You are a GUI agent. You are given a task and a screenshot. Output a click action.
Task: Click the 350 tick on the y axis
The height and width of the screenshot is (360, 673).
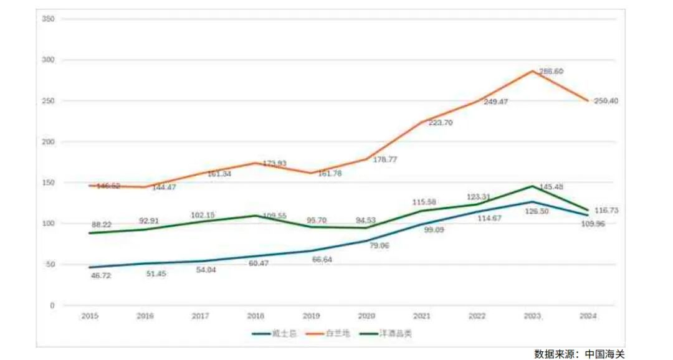pyautogui.click(x=48, y=19)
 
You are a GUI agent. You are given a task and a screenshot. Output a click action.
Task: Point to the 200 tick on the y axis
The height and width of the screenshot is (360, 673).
pyautogui.click(x=48, y=142)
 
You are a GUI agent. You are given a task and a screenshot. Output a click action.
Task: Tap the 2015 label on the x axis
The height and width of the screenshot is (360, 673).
pyautogui.click(x=89, y=316)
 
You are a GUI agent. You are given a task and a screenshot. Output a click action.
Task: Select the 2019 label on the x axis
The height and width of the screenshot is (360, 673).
pyautogui.click(x=311, y=316)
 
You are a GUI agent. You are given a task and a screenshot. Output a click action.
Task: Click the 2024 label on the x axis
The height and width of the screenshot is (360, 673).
pyautogui.click(x=588, y=316)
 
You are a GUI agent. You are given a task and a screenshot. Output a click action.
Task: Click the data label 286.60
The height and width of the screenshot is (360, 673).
pyautogui.click(x=550, y=72)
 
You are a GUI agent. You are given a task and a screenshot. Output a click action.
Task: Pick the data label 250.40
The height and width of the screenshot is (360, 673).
pyautogui.click(x=606, y=101)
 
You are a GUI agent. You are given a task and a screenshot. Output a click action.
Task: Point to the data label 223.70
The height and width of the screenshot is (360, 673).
pyautogui.click(x=440, y=123)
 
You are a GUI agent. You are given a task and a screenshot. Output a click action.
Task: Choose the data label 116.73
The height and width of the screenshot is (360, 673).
pyautogui.click(x=606, y=211)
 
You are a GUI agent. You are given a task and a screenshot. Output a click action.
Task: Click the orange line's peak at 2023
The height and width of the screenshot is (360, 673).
pyautogui.click(x=532, y=70)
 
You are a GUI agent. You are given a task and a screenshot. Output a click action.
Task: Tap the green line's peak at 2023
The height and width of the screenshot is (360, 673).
pyautogui.click(x=532, y=186)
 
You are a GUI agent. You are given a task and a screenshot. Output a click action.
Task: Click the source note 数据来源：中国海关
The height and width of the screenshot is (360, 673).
pyautogui.click(x=579, y=353)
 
